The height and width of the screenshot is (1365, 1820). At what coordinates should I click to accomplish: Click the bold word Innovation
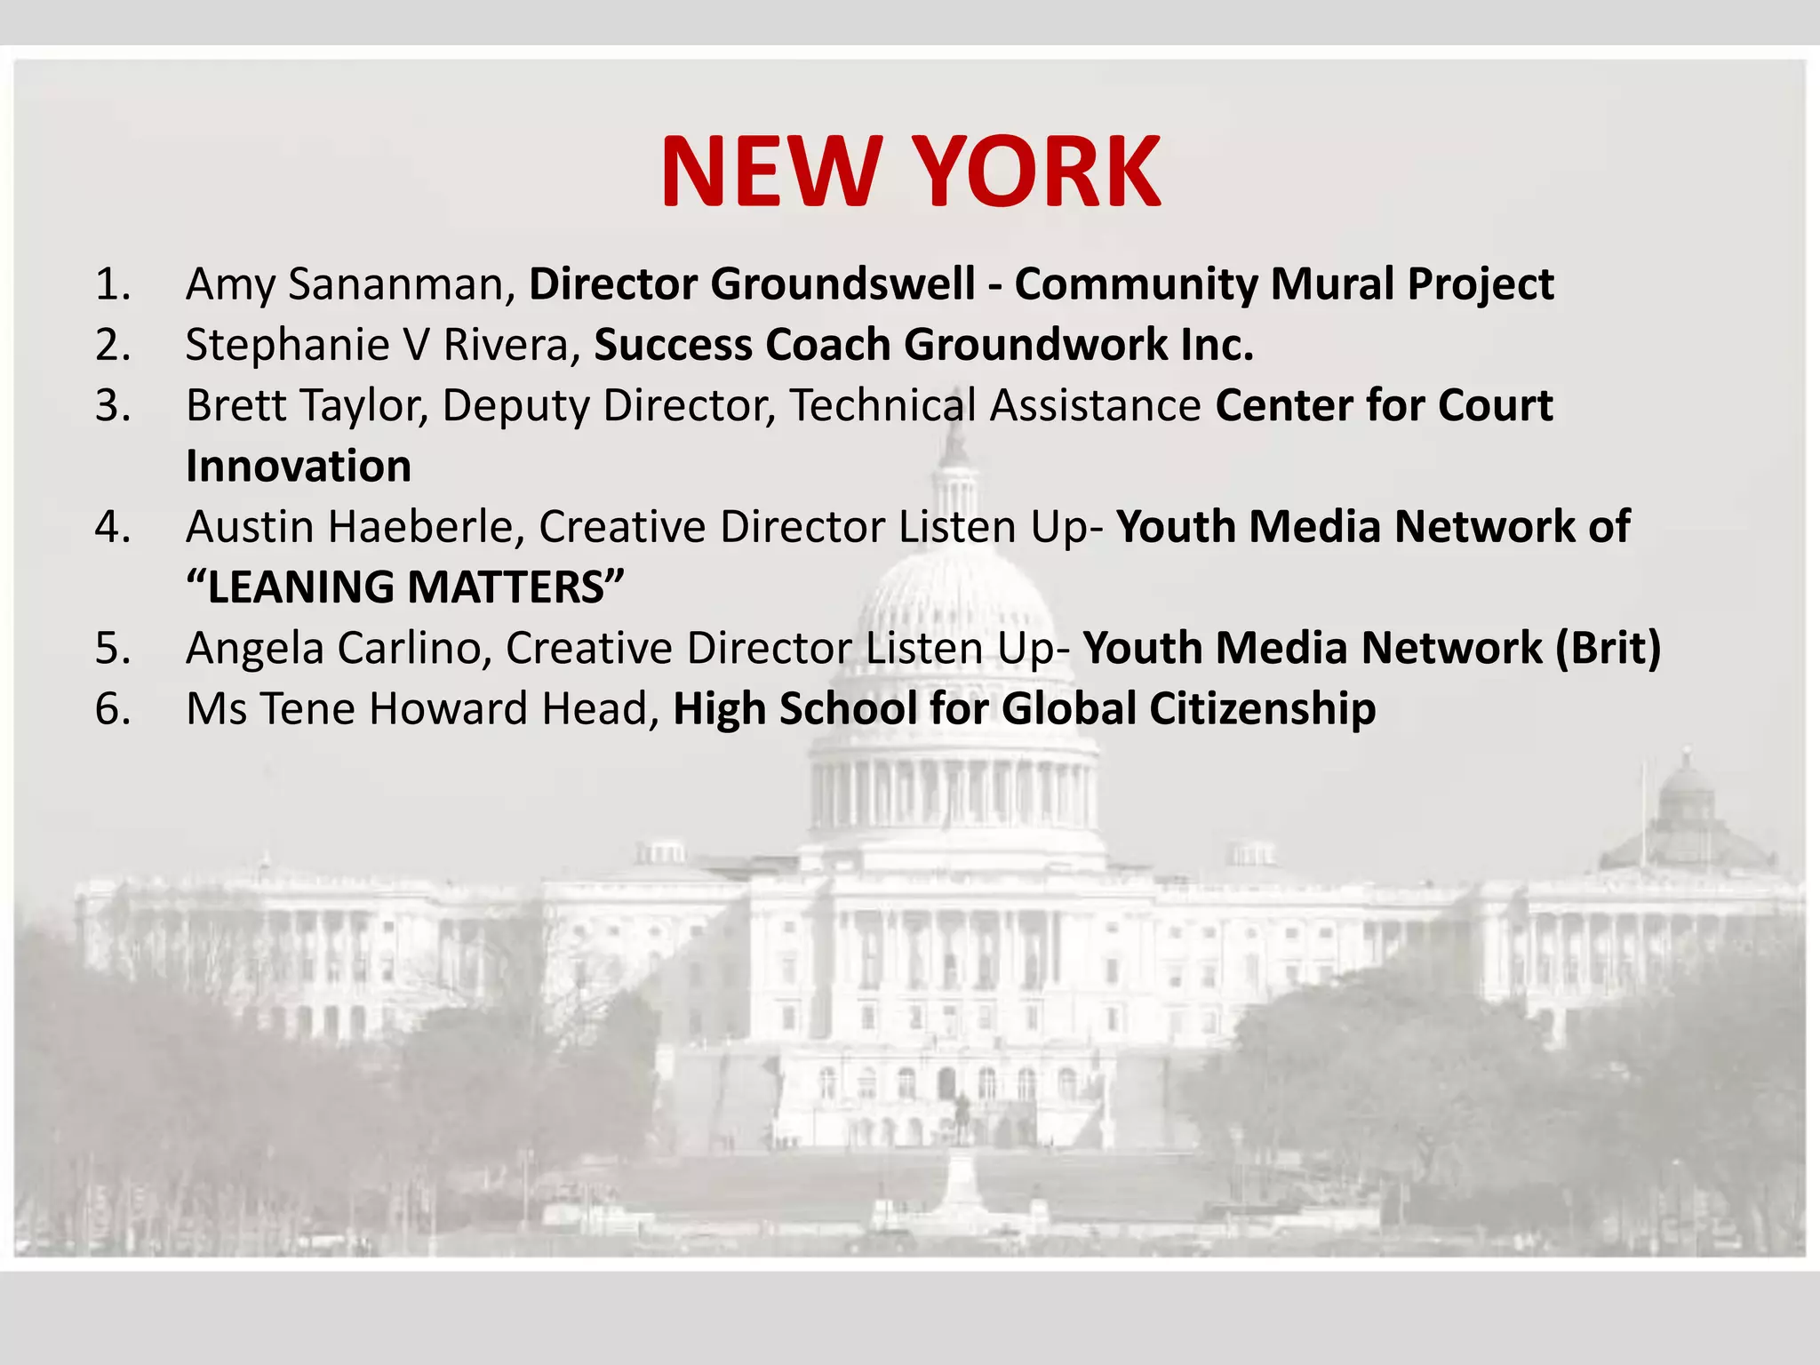pyautogui.click(x=299, y=467)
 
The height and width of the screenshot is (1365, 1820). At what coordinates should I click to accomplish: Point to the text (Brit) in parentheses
pyautogui.click(x=1608, y=648)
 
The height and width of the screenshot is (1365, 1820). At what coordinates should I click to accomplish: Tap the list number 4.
pyautogui.click(x=112, y=527)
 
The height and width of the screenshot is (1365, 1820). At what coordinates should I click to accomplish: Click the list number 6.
pyautogui.click(x=112, y=709)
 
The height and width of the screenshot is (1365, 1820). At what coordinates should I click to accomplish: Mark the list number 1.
pyautogui.click(x=112, y=284)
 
